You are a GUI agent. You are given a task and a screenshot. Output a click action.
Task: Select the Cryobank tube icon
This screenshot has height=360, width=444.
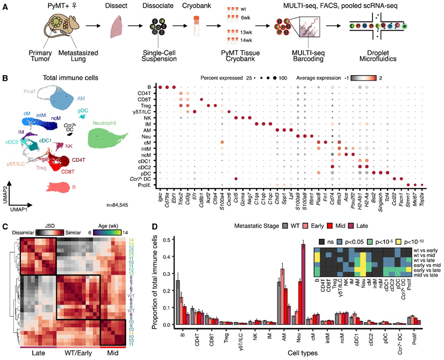(196, 27)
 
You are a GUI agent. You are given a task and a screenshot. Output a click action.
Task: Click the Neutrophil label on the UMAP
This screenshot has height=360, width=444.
(107, 123)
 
